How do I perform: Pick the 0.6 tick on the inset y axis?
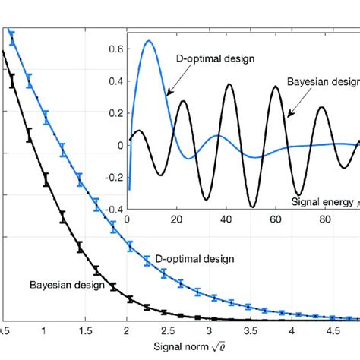coord(115,49)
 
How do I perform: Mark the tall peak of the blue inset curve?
coord(149,41)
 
